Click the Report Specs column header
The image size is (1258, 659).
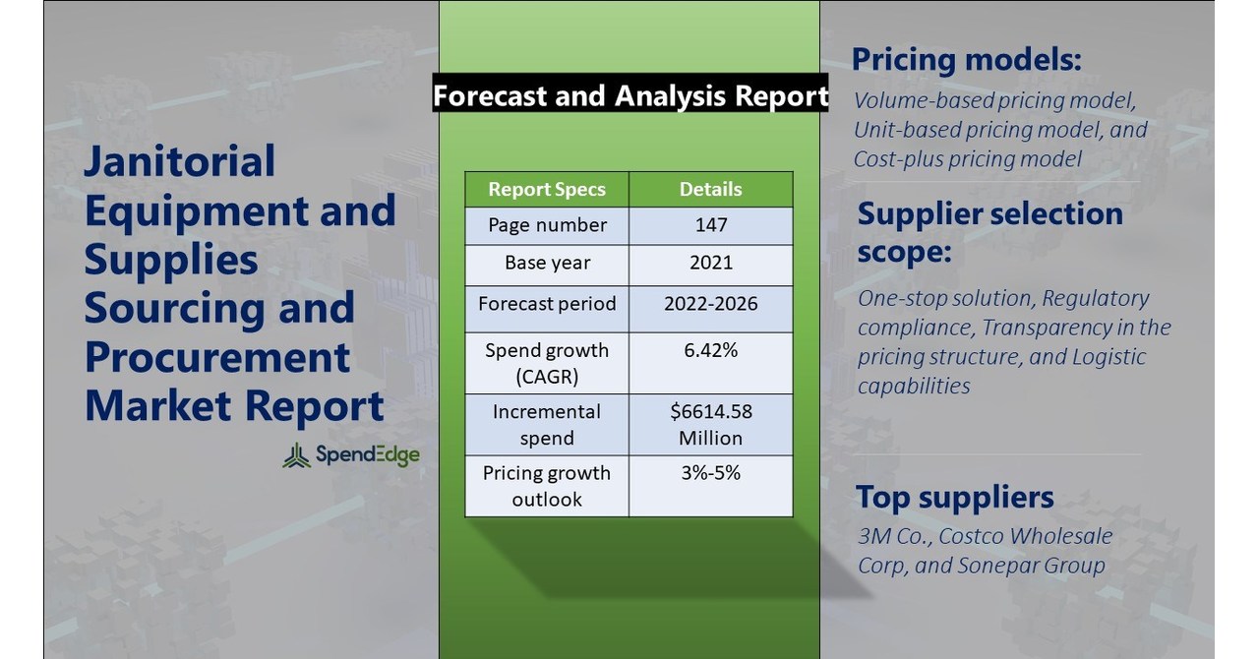[547, 189]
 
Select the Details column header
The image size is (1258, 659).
[710, 189]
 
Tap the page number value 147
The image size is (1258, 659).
[710, 225]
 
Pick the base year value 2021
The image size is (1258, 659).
[710, 264]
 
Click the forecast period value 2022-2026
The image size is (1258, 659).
[710, 303]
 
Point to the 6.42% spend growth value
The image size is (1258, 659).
[710, 350]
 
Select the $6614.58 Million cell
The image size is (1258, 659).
[710, 424]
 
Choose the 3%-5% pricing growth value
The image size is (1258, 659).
[710, 473]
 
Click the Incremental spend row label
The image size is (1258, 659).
[547, 424]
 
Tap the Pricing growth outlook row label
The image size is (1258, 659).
[547, 486]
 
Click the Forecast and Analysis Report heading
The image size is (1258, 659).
[630, 95]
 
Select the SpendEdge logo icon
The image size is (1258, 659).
[296, 454]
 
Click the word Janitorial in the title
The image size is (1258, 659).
[180, 161]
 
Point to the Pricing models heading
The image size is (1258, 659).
[966, 59]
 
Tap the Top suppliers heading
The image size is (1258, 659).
[954, 497]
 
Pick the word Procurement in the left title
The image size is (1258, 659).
[217, 357]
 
